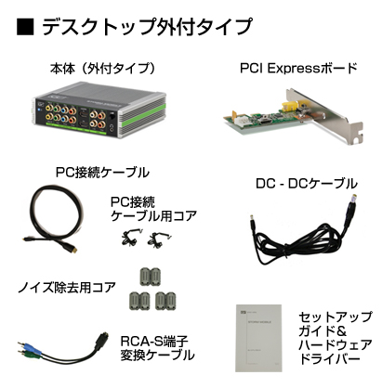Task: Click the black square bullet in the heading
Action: (x=25, y=27)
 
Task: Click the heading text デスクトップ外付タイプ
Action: (x=147, y=27)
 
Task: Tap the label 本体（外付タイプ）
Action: (x=102, y=69)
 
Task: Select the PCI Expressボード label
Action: (x=298, y=68)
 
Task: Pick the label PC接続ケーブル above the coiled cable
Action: (x=102, y=172)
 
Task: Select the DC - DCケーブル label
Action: (x=307, y=184)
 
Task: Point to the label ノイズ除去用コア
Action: (x=67, y=288)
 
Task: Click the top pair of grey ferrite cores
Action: (x=151, y=277)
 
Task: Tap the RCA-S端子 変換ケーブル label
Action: (x=157, y=348)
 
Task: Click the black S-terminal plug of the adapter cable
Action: (x=102, y=340)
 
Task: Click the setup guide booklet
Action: (x=258, y=338)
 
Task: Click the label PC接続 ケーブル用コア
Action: (x=154, y=209)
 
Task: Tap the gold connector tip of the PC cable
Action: (x=73, y=248)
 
